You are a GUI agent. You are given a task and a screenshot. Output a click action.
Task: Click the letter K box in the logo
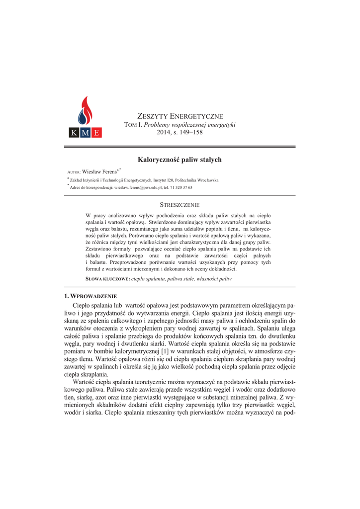click(73, 133)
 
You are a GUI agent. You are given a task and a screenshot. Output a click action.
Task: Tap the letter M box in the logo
click(85, 133)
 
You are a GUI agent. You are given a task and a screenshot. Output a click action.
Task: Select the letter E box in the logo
click(96, 133)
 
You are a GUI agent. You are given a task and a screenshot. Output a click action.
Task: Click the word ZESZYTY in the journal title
click(152, 116)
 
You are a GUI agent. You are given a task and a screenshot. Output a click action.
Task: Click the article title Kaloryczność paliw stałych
click(180, 160)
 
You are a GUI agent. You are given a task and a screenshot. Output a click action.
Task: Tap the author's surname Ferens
click(109, 170)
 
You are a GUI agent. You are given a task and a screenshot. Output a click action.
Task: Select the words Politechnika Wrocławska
click(197, 180)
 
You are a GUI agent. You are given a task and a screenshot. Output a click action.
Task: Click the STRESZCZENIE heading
click(180, 205)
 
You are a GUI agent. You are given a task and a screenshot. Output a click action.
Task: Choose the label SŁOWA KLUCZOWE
click(107, 279)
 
